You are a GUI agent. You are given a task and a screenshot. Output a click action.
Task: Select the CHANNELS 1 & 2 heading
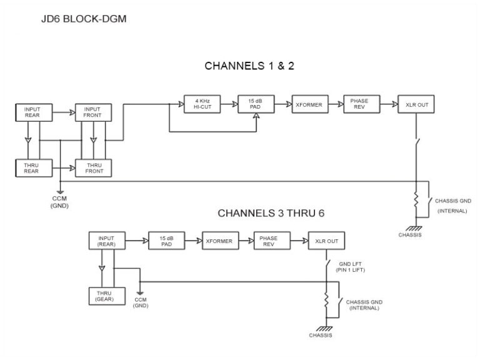[x=249, y=66]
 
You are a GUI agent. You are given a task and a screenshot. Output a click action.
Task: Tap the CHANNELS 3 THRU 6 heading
[x=271, y=214]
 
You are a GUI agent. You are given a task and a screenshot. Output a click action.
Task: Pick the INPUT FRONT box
[x=92, y=112]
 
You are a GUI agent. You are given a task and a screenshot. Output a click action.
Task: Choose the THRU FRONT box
[x=92, y=167]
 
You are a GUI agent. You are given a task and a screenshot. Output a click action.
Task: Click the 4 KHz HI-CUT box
[x=200, y=104]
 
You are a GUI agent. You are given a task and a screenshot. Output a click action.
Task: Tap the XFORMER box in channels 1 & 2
[x=309, y=104]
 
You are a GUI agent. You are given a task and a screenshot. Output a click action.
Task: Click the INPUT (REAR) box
[x=107, y=241]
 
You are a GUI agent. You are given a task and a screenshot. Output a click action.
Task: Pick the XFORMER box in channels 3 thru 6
[x=219, y=241]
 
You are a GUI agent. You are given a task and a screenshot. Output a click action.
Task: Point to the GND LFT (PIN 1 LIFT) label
[x=352, y=267]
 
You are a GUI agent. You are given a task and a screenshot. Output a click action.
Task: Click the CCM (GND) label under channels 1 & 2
[x=60, y=201]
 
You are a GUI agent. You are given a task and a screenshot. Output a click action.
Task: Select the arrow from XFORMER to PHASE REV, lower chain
[x=246, y=241]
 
